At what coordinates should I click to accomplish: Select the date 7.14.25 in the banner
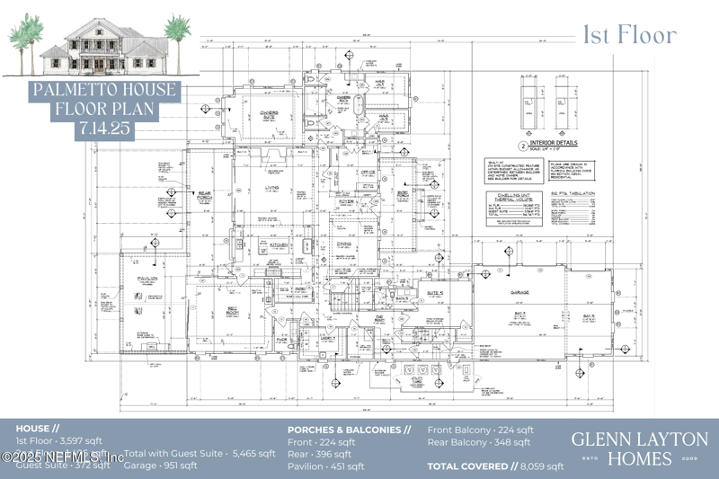tap(107, 129)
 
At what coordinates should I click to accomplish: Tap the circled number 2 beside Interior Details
tap(522, 145)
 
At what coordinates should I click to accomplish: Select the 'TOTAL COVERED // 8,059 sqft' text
tap(495, 466)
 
